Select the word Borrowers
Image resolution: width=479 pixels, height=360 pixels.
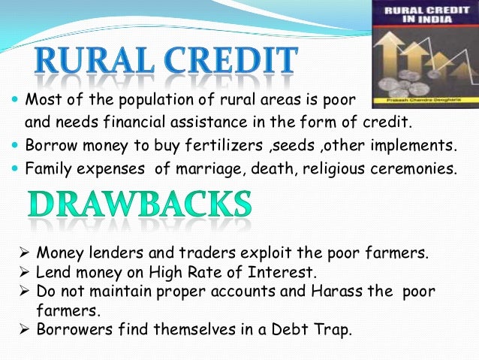[x=71, y=328]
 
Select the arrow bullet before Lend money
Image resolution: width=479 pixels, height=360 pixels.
[x=24, y=272]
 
